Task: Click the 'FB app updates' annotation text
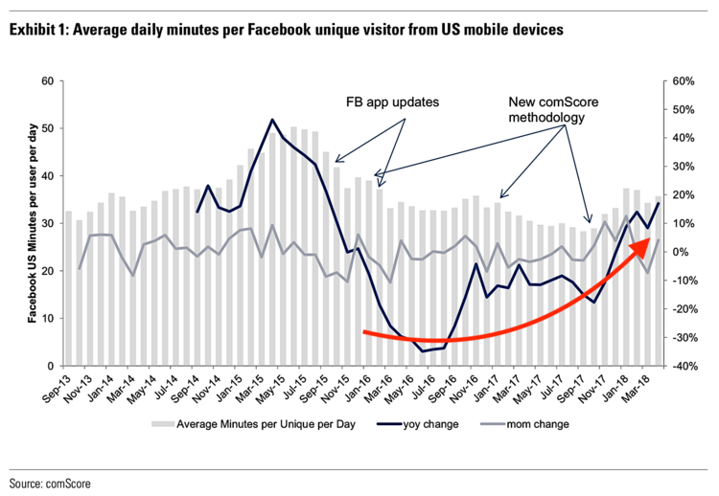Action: [390, 101]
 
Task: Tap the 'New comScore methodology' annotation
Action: [550, 108]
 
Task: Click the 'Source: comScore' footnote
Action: [50, 484]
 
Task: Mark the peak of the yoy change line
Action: [272, 120]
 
